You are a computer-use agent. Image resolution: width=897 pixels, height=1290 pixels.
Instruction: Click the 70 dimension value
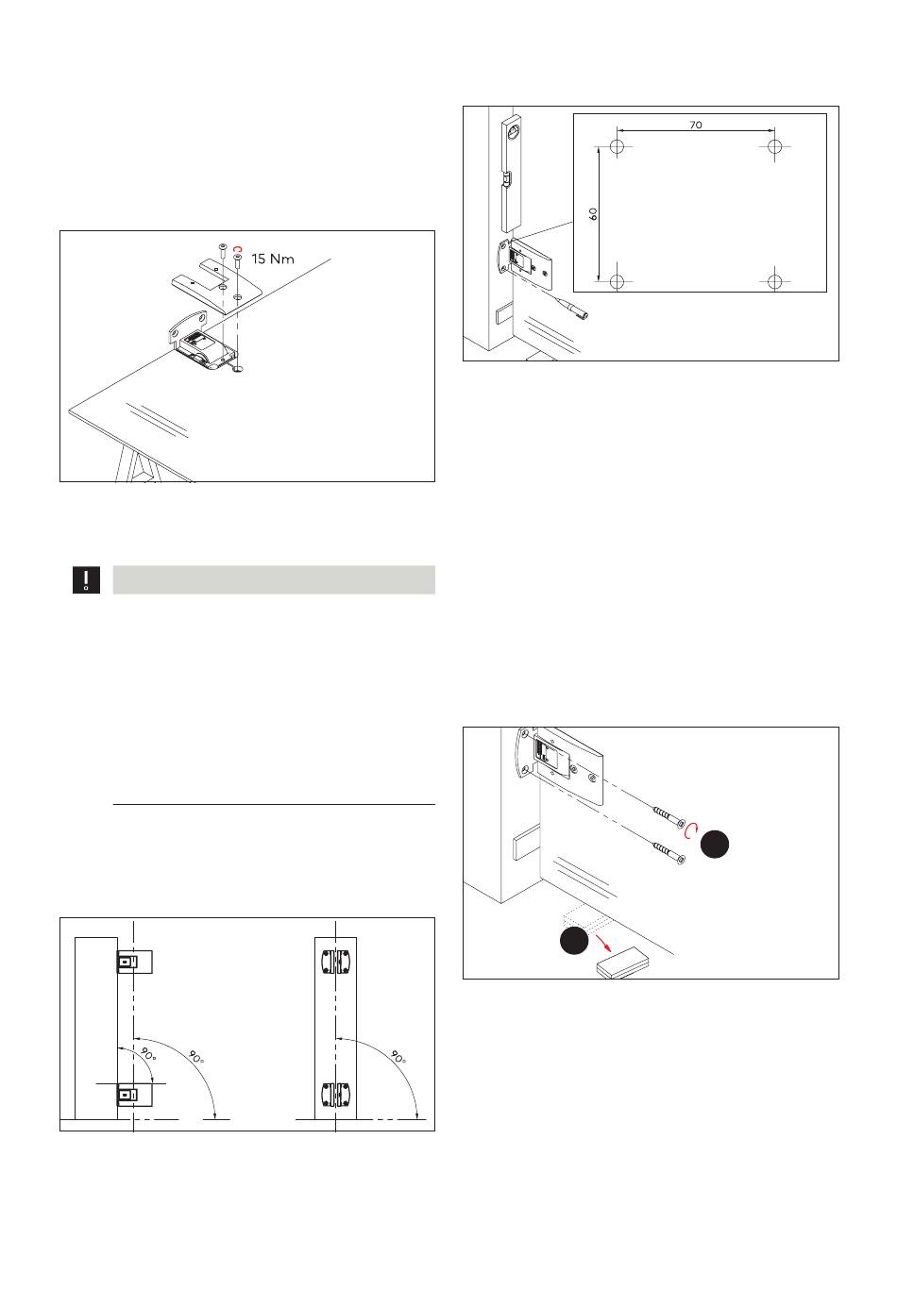(x=696, y=124)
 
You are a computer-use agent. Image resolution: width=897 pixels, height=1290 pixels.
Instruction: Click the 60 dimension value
(x=593, y=213)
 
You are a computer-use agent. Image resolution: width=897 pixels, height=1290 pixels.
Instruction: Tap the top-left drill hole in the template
(x=617, y=147)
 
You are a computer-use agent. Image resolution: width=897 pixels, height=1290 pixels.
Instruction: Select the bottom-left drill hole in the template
(x=617, y=281)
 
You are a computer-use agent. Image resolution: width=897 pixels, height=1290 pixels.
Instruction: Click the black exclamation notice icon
(x=87, y=580)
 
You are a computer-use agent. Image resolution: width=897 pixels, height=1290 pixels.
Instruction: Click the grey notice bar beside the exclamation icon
(x=274, y=580)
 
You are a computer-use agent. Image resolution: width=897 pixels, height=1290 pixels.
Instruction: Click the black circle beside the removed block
(x=572, y=942)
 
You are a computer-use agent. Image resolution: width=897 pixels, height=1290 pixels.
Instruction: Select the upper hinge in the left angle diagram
(x=128, y=962)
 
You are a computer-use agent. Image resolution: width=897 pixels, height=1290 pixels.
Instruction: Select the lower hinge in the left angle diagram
(x=128, y=1095)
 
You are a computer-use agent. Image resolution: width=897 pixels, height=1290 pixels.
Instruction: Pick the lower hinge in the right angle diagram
(x=335, y=1095)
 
